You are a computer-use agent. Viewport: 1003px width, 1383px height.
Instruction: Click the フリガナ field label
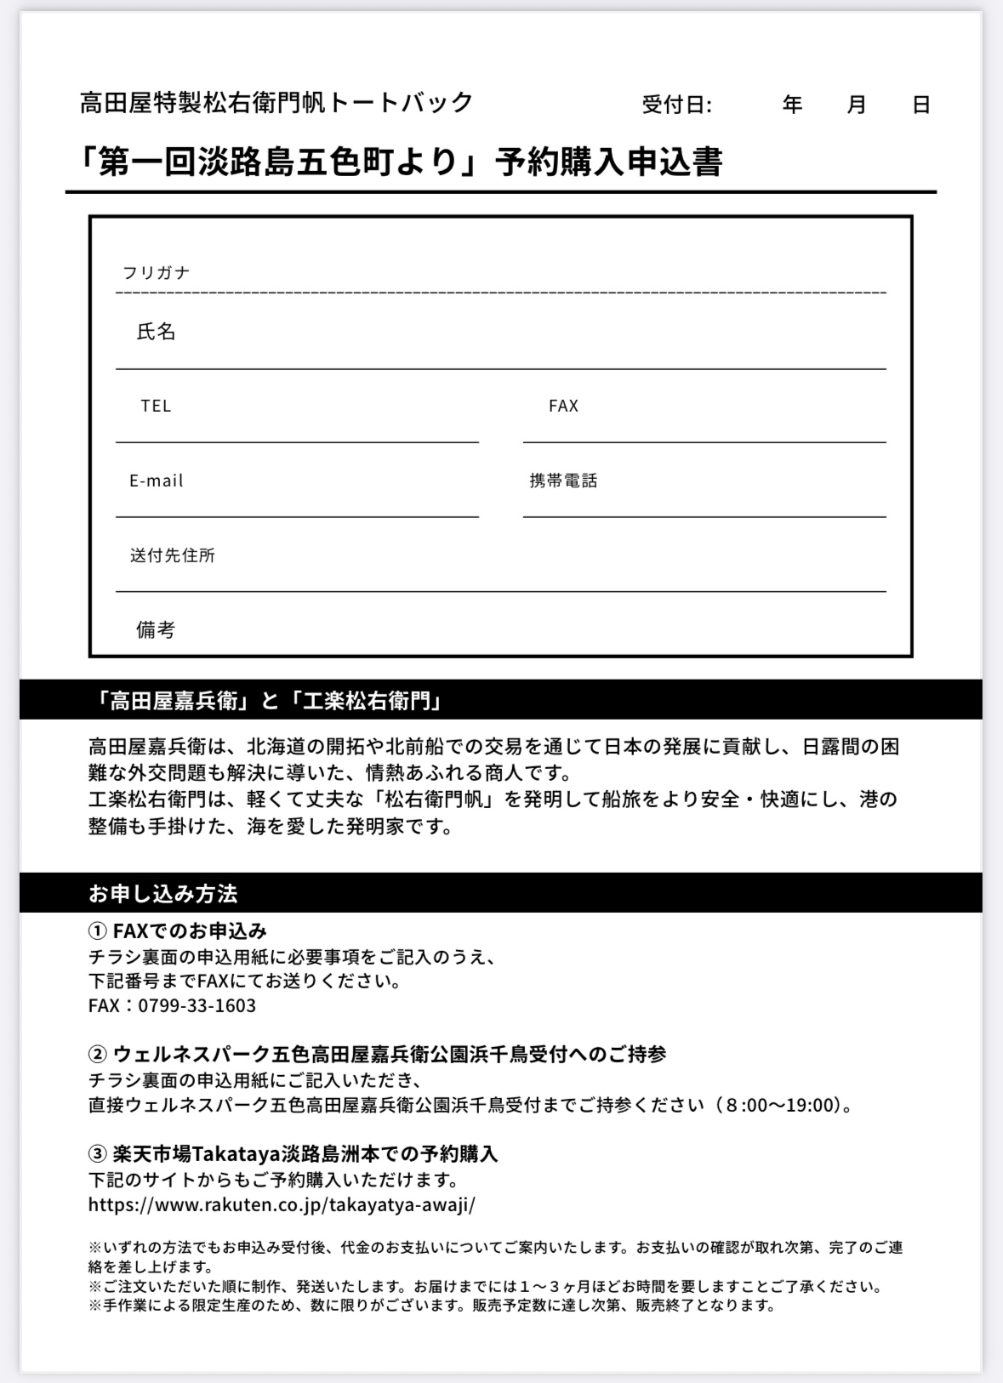(156, 273)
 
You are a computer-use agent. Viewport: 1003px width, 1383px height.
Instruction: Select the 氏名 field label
(156, 332)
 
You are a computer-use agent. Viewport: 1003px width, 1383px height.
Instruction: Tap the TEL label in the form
(156, 406)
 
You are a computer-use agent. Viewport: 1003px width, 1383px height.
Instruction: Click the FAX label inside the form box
(563, 406)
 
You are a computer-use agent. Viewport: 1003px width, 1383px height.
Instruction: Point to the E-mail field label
(157, 481)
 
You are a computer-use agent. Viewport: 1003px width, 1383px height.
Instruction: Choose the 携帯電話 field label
(563, 481)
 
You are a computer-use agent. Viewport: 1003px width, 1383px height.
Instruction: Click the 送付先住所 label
(172, 555)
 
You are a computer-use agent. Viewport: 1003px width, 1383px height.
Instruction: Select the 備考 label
(156, 629)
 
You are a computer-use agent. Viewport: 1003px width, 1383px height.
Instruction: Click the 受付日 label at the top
(676, 105)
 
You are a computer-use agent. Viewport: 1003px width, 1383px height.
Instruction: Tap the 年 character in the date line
(792, 105)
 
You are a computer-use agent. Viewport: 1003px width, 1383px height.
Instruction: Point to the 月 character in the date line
(857, 105)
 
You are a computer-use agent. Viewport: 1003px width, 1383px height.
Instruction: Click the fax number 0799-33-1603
(197, 1005)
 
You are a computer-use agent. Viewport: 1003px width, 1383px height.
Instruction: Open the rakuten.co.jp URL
(282, 1204)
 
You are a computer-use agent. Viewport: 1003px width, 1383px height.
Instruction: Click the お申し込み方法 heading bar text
(162, 893)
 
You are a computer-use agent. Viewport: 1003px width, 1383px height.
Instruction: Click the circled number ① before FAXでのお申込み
(98, 931)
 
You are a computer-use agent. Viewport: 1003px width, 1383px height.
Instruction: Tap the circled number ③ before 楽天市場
(98, 1154)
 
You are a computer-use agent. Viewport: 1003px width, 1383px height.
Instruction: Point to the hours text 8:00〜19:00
(778, 1105)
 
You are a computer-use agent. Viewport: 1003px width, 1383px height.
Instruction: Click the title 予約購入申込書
(609, 162)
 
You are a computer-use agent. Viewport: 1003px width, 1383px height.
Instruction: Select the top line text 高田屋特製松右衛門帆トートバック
(276, 103)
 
